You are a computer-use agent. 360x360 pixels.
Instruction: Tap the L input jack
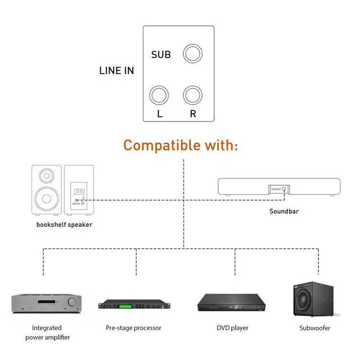pyautogui.click(x=159, y=94)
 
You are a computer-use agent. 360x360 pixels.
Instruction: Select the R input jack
pyautogui.click(x=193, y=94)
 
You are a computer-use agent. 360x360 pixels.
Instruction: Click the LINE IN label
pyautogui.click(x=116, y=71)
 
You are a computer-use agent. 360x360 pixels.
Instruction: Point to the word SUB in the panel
pyautogui.click(x=161, y=55)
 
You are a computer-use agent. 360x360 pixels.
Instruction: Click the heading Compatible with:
pyautogui.click(x=181, y=145)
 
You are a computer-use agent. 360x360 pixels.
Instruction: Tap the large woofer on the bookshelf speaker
pyautogui.click(x=46, y=198)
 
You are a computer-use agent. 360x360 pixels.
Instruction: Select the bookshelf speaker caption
pyautogui.click(x=64, y=225)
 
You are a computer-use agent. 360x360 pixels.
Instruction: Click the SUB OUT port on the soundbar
pyautogui.click(x=284, y=190)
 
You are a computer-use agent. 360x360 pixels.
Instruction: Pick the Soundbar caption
pyautogui.click(x=283, y=211)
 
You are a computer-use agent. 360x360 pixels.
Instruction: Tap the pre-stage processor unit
pyautogui.click(x=133, y=305)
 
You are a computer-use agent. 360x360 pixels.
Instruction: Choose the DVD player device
pyautogui.click(x=232, y=304)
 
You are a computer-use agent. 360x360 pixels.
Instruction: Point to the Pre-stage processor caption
pyautogui.click(x=133, y=327)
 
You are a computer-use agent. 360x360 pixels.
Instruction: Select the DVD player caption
pyautogui.click(x=232, y=327)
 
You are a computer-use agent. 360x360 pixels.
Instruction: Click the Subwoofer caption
pyautogui.click(x=314, y=327)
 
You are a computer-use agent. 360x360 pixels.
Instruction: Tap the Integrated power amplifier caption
pyautogui.click(x=47, y=332)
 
